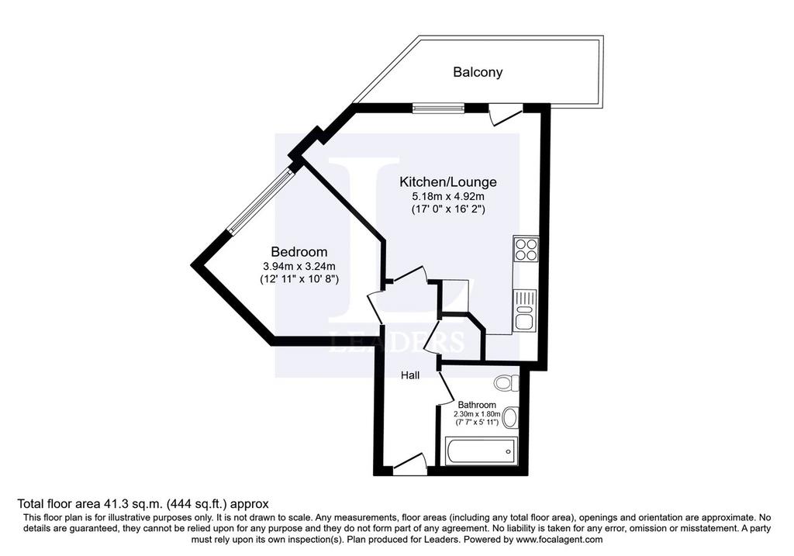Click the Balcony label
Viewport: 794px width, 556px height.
point(478,72)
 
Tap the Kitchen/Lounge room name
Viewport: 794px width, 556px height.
point(448,181)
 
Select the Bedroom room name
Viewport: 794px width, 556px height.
point(299,252)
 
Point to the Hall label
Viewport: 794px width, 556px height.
point(410,375)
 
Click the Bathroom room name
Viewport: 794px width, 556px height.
point(477,405)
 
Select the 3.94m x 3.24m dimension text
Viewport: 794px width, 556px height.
point(299,266)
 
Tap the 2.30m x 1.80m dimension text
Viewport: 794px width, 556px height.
point(477,414)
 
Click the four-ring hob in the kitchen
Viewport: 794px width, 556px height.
point(526,248)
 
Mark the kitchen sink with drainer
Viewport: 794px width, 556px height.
point(525,310)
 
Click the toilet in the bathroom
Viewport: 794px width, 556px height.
point(507,382)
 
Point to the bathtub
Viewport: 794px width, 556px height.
point(481,451)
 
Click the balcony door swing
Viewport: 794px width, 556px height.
point(506,115)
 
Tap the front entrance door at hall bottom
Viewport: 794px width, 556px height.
point(409,464)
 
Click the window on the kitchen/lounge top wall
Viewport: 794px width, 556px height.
point(438,108)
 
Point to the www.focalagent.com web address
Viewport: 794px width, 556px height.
point(558,539)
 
